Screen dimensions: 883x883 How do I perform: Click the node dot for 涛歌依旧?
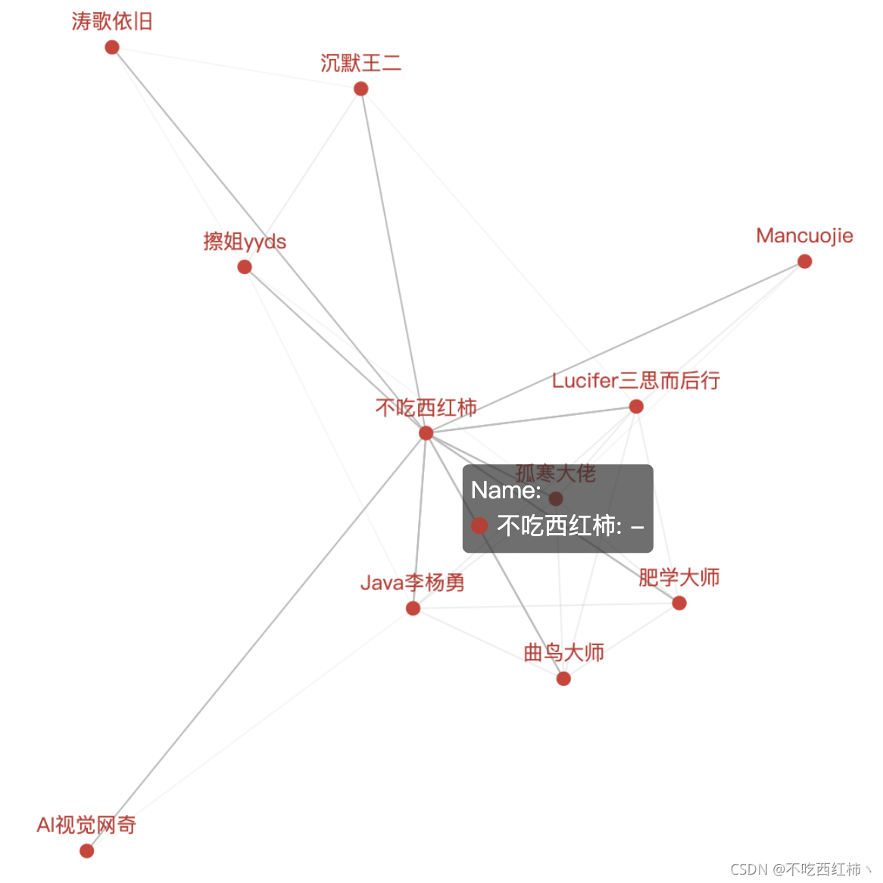point(112,48)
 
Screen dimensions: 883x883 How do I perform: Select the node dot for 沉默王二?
point(361,89)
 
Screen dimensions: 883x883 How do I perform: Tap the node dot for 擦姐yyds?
point(245,267)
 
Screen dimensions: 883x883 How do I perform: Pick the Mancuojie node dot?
point(805,261)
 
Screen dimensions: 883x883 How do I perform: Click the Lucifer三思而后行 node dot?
point(636,407)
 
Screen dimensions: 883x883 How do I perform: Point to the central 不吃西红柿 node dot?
point(426,433)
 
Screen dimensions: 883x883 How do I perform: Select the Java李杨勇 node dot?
point(413,608)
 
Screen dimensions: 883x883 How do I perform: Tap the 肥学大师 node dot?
point(679,603)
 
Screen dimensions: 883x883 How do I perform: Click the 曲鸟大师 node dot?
point(563,679)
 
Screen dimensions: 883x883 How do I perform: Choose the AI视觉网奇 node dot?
point(87,850)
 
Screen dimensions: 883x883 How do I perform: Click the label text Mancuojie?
point(804,236)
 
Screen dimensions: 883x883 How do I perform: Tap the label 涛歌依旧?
point(112,21)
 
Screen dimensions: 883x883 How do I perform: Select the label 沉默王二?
point(360,63)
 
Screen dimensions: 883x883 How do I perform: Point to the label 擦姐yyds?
point(245,242)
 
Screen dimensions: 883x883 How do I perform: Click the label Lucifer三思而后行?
point(635,380)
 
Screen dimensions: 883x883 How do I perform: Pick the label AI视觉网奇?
point(86,825)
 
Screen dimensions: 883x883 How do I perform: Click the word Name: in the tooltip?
point(506,491)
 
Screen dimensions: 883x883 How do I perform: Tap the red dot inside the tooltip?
point(479,526)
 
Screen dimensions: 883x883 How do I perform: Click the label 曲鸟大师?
point(563,652)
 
